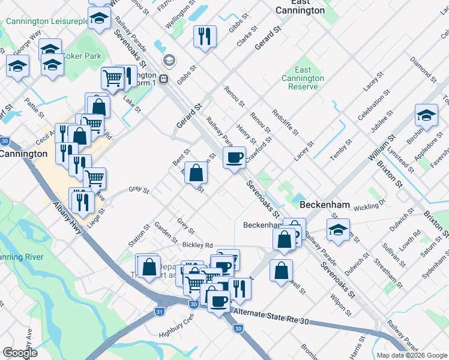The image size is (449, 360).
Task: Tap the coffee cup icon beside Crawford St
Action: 234,158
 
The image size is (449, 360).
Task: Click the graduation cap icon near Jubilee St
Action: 426,116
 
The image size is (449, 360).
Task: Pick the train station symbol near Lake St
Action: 163,79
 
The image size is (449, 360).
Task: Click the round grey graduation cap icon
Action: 169,60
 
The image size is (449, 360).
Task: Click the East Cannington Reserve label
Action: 303,79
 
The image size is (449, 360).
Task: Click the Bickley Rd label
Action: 197,245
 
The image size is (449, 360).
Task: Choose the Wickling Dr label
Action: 369,206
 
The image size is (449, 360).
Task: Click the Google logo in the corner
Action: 20,353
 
